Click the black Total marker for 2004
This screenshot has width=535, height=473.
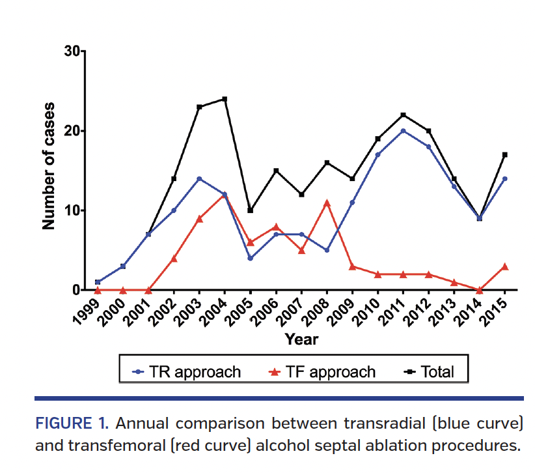click(225, 99)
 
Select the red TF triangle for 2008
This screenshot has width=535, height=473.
click(327, 203)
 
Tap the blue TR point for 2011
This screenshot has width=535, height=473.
click(404, 131)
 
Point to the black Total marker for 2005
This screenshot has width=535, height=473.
click(250, 210)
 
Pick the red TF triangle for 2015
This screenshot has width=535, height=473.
click(505, 266)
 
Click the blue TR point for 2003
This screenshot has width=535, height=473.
click(199, 179)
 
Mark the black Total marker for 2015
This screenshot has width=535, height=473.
click(505, 155)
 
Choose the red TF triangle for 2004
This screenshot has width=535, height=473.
click(225, 195)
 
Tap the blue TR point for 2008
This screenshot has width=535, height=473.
click(327, 250)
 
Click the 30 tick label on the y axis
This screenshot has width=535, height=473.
click(73, 51)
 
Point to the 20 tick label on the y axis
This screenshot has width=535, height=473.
click(73, 131)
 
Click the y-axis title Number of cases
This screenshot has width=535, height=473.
click(49, 166)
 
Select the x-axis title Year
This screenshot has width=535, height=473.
click(301, 339)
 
